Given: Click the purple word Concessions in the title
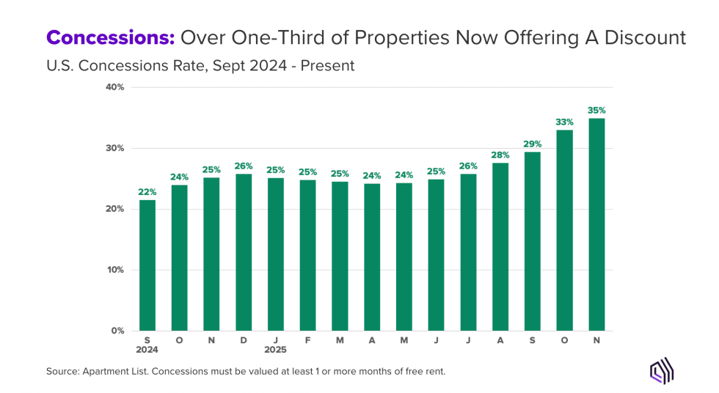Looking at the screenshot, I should click(109, 37).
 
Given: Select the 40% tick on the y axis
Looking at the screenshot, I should click(116, 87).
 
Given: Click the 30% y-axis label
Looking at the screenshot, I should click(116, 148).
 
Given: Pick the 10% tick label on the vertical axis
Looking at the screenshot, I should click(116, 270).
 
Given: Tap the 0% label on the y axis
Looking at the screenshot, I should click(118, 331).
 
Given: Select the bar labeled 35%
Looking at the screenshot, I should click(596, 224).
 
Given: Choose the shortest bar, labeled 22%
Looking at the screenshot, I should click(147, 265).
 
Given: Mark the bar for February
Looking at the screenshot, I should click(307, 255).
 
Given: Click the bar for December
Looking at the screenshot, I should click(244, 252).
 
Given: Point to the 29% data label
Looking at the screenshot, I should click(532, 144).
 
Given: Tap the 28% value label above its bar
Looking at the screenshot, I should click(500, 155).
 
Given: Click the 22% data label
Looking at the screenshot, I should click(147, 192).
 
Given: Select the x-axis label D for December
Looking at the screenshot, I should click(244, 340).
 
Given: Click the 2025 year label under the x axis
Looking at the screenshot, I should click(276, 350).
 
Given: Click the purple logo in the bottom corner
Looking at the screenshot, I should click(662, 372).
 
